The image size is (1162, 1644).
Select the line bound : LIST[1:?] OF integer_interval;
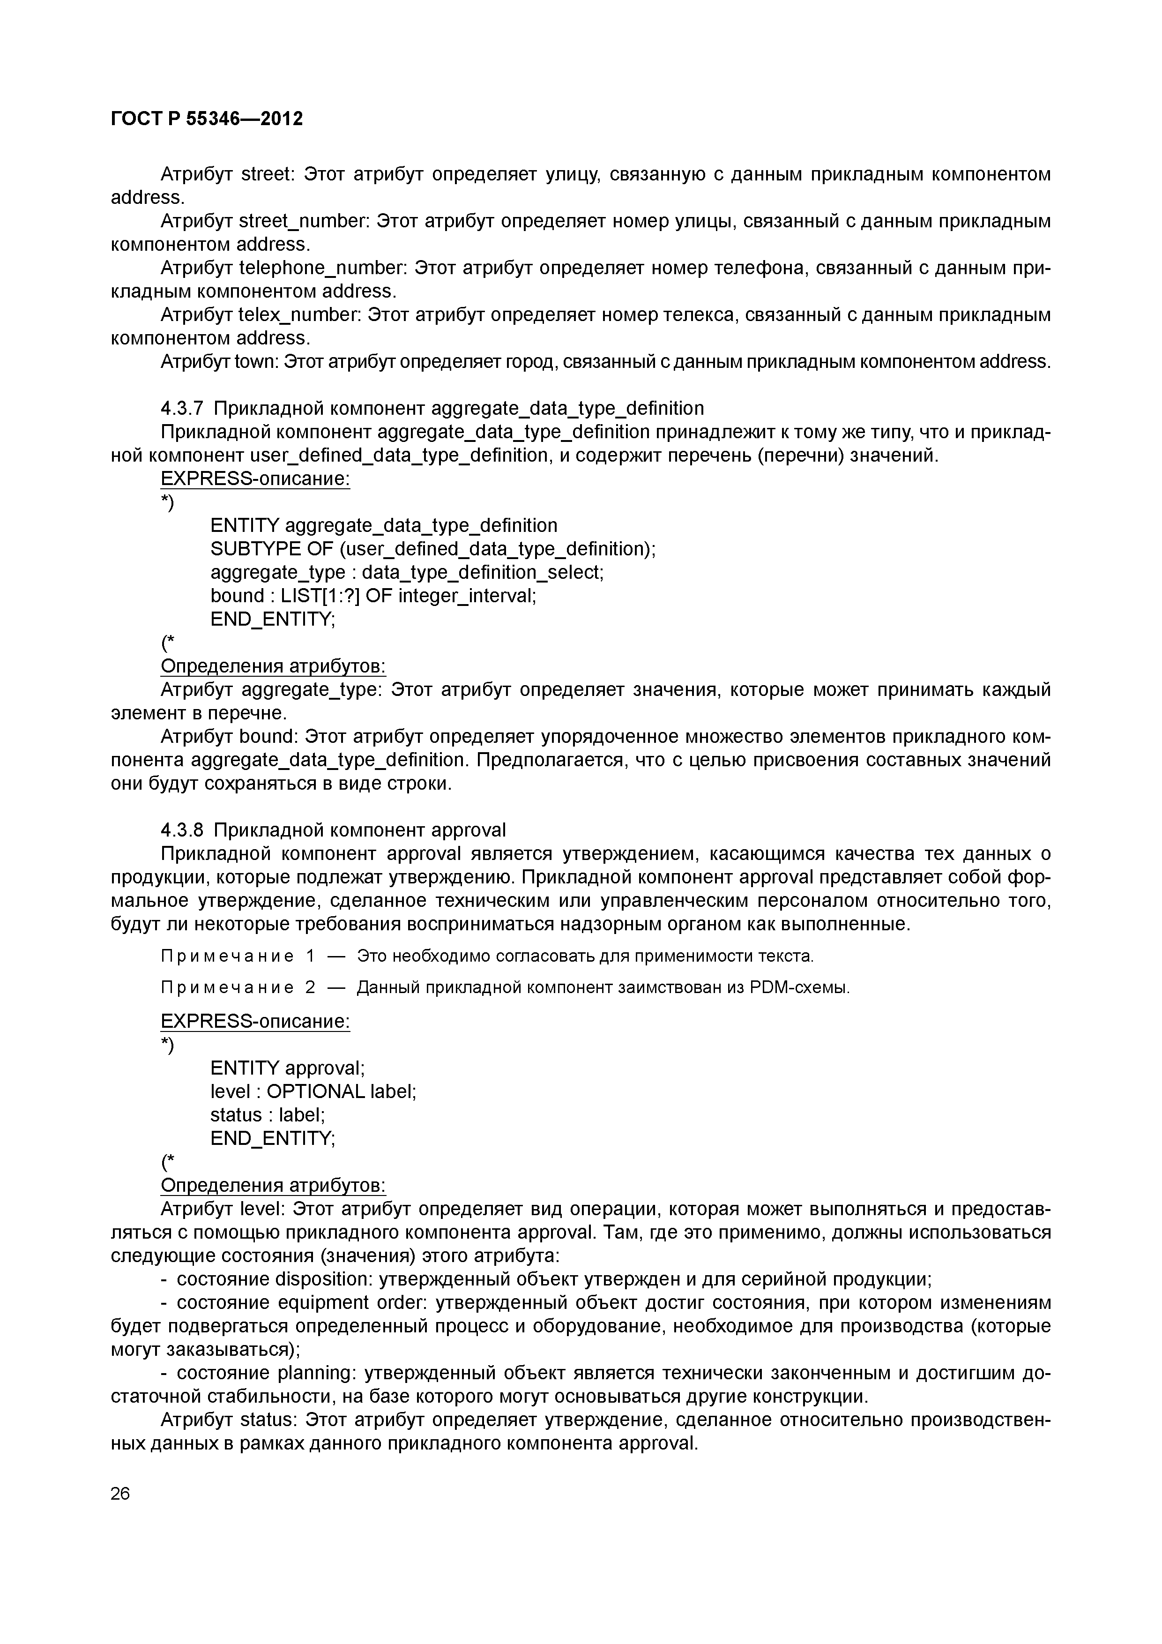point(373,595)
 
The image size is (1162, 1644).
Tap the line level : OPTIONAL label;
point(313,1091)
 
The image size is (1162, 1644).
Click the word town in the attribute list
point(256,362)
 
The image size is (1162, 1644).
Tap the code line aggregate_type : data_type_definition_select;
point(407,572)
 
